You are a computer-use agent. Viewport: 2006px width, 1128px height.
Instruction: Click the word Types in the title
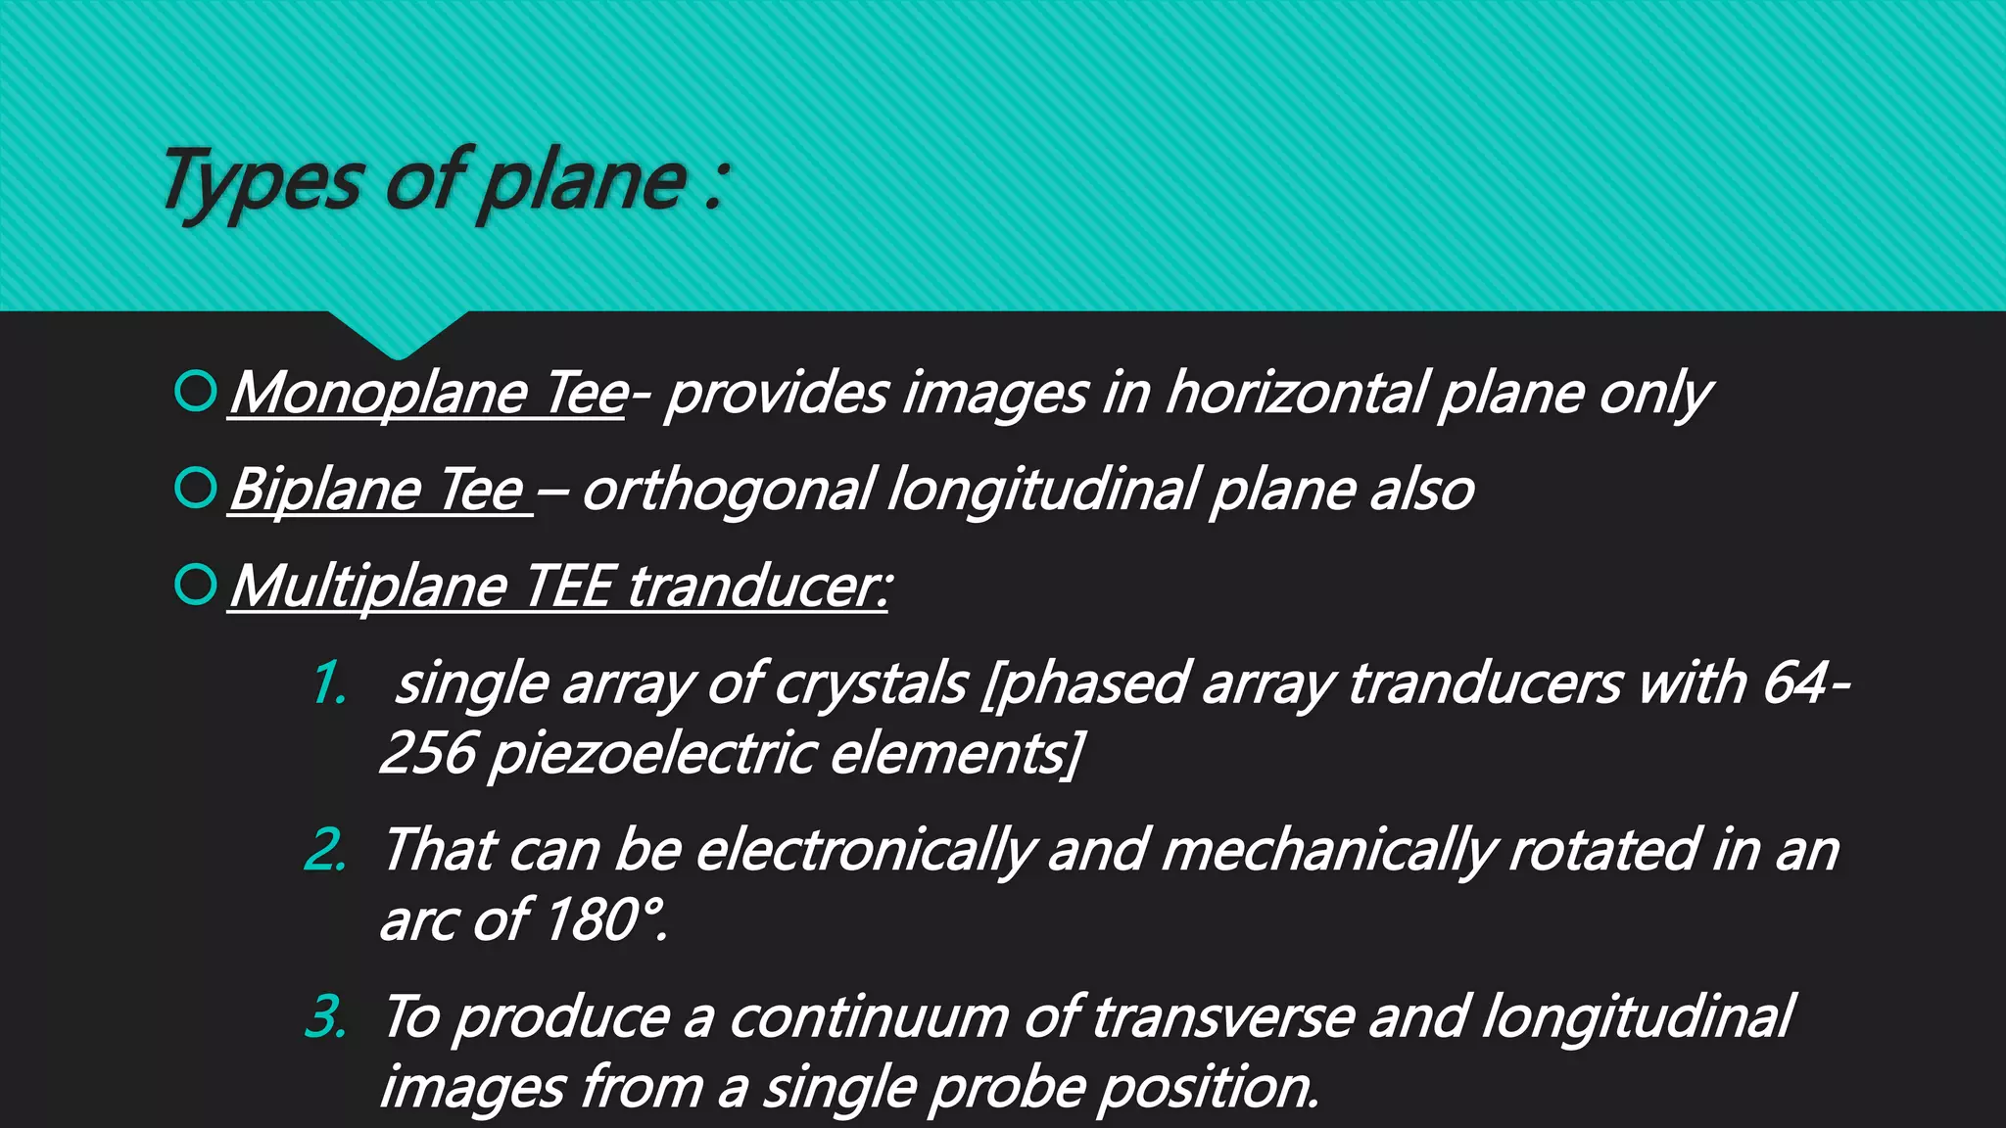(262, 181)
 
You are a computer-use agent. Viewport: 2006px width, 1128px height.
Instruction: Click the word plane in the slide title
(584, 183)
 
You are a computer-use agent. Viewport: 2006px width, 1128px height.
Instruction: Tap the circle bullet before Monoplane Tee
(195, 392)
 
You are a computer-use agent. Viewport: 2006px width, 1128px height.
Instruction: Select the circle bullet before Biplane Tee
(195, 488)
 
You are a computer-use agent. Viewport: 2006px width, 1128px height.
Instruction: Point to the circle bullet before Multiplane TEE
(195, 585)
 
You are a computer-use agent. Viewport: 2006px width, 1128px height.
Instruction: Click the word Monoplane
(378, 394)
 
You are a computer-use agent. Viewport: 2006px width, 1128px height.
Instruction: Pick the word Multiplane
(368, 587)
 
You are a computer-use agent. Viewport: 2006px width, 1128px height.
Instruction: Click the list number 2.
(326, 850)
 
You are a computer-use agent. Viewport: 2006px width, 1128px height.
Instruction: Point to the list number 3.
(326, 1016)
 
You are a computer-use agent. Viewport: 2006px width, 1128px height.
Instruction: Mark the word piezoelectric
(651, 754)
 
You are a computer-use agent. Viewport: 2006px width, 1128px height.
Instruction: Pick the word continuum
(868, 1017)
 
